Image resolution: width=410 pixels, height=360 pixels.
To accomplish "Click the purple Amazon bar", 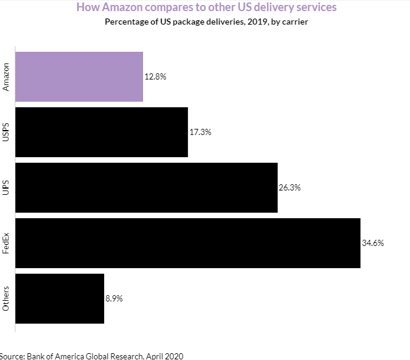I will (x=79, y=77).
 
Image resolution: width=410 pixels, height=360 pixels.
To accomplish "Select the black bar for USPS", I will (x=101, y=132).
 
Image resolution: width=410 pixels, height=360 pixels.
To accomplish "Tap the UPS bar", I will (x=146, y=187).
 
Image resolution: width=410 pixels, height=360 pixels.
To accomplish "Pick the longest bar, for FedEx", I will (x=187, y=243).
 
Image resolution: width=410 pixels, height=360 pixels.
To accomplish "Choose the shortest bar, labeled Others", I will (x=59, y=298).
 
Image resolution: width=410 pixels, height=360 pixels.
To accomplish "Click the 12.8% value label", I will (x=155, y=77).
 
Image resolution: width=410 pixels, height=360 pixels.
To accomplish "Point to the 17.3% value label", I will (x=200, y=132).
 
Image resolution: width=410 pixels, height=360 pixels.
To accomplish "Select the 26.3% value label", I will (x=290, y=187).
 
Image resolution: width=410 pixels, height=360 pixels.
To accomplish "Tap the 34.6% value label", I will (x=373, y=243).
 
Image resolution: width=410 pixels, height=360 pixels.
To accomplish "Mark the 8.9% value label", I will (x=115, y=298).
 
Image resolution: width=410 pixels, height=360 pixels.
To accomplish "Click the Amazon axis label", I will (x=6, y=77).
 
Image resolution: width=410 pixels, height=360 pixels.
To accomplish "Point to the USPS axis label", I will (x=6, y=132).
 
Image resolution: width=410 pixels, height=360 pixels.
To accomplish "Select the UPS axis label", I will (x=6, y=187).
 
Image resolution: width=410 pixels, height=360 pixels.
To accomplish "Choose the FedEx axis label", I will (x=6, y=243).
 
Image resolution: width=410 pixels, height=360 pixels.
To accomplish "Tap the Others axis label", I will (x=6, y=298).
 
